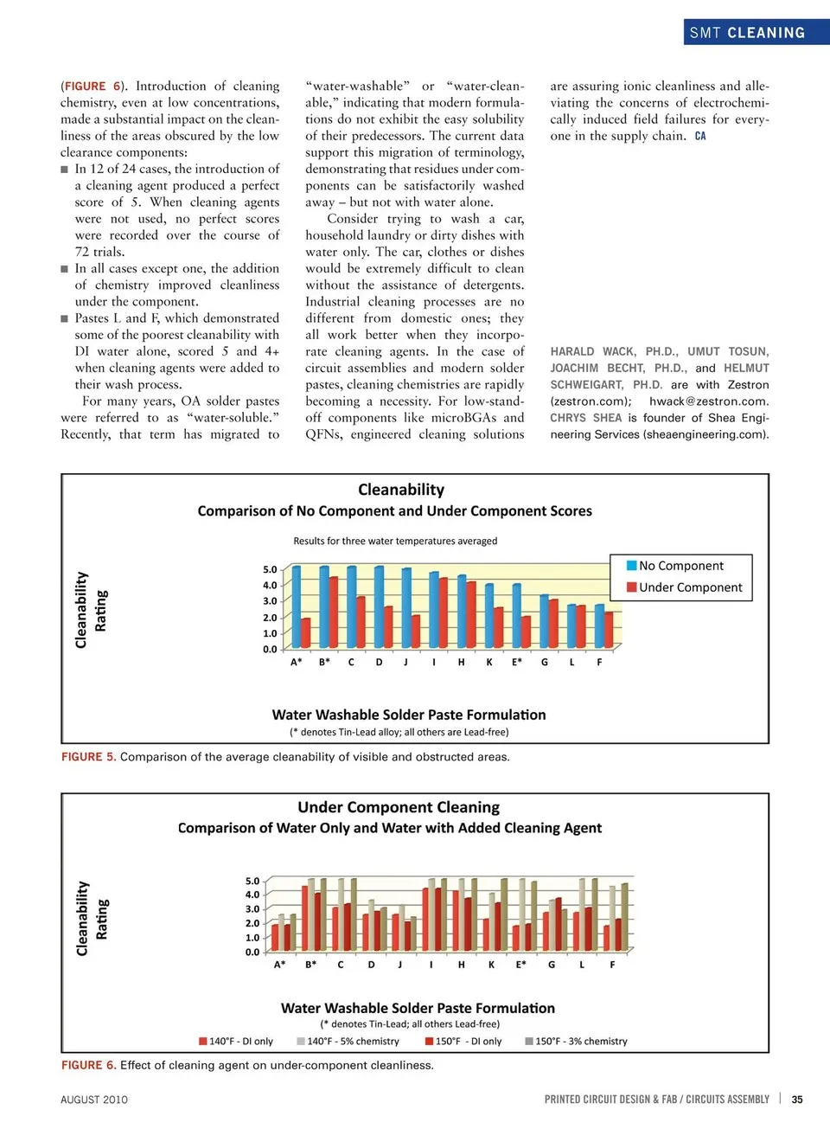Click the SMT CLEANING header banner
tap(747, 33)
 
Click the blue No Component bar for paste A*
tap(297, 606)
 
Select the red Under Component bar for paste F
tap(609, 629)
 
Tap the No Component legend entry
tap(680, 566)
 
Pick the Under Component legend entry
tap(690, 587)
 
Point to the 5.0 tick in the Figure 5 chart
tap(270, 569)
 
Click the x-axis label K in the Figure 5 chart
tap(489, 662)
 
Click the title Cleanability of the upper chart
tap(401, 490)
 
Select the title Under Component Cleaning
tap(399, 807)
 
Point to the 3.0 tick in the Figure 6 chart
tap(252, 909)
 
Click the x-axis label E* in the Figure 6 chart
tap(520, 965)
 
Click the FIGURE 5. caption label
tap(88, 757)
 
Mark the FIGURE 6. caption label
tap(88, 1065)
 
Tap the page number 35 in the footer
tap(797, 1100)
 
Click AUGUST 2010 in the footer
tap(94, 1100)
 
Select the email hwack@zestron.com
tap(709, 401)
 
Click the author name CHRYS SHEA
tap(586, 418)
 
